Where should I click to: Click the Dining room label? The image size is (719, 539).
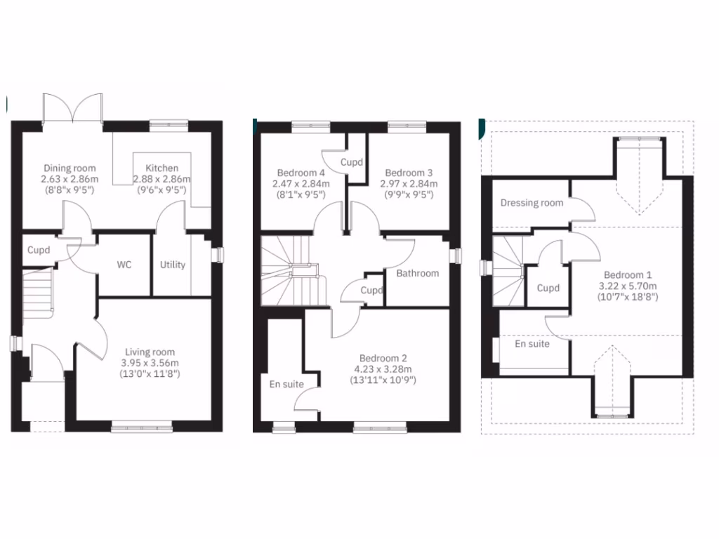70,168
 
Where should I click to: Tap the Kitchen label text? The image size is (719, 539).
161,168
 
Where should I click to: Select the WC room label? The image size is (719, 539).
124,265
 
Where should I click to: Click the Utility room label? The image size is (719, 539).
173,265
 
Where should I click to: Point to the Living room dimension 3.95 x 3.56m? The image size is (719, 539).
150,363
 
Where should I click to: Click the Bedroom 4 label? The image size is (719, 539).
301,173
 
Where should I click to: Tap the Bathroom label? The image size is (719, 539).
417,274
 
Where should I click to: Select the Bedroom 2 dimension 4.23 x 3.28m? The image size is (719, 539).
383,369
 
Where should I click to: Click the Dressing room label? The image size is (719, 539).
532,203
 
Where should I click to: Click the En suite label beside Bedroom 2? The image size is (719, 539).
286,384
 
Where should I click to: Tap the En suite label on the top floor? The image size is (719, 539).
532,344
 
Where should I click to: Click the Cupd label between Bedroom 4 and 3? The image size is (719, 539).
352,162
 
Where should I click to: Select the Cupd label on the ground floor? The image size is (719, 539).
39,250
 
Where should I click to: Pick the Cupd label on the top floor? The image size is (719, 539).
548,288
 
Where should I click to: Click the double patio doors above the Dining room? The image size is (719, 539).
73,109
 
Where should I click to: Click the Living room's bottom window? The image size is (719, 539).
141,426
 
